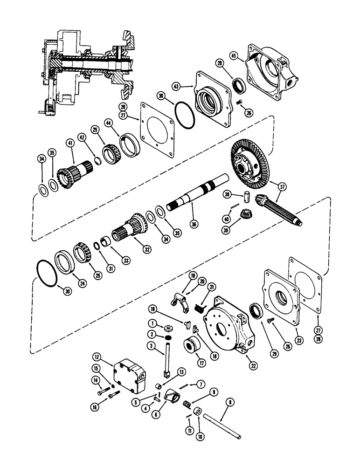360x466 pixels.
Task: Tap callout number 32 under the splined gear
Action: pos(147,249)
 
